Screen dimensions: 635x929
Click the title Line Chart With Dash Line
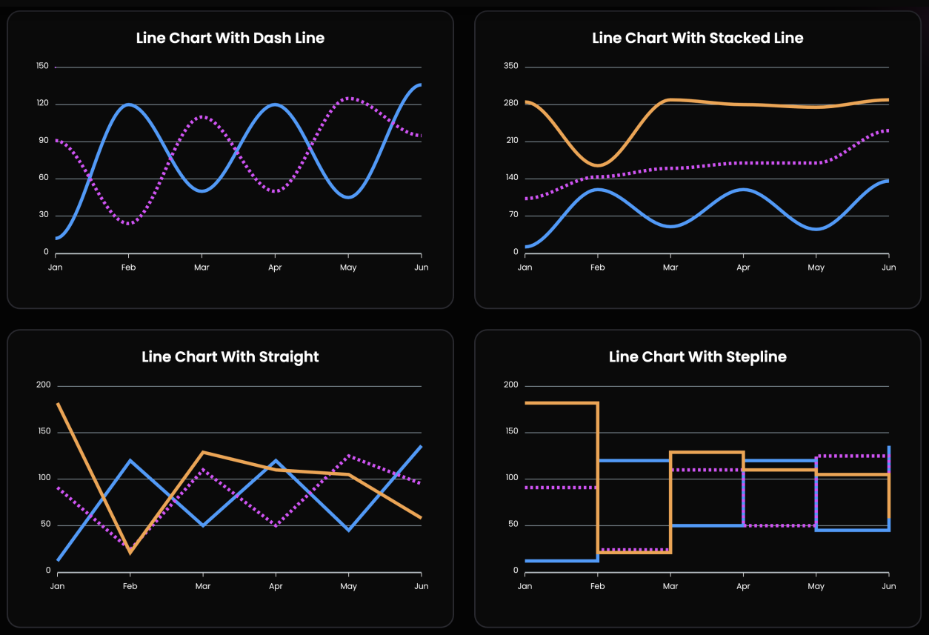230,38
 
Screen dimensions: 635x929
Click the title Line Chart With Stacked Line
697,38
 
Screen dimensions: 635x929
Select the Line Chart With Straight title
230,357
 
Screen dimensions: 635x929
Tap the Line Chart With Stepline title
697,357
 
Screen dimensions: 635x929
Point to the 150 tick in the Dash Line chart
42,67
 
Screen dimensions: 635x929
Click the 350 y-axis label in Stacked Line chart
510,67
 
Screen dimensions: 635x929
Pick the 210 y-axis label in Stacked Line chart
510,141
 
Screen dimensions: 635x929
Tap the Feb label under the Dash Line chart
129,267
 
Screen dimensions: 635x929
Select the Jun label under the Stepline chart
888,586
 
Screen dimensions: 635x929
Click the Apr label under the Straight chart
276,586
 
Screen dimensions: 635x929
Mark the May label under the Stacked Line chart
816,267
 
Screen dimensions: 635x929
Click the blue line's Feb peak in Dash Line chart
129,104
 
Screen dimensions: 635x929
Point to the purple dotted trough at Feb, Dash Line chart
129,223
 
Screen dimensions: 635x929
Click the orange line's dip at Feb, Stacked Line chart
597,165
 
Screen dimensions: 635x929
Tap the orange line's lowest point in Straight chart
130,552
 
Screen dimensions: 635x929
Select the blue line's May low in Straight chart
348,530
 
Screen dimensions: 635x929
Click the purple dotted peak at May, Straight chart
348,456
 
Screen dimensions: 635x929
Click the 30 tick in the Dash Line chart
44,215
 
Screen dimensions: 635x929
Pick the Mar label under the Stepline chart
670,586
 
